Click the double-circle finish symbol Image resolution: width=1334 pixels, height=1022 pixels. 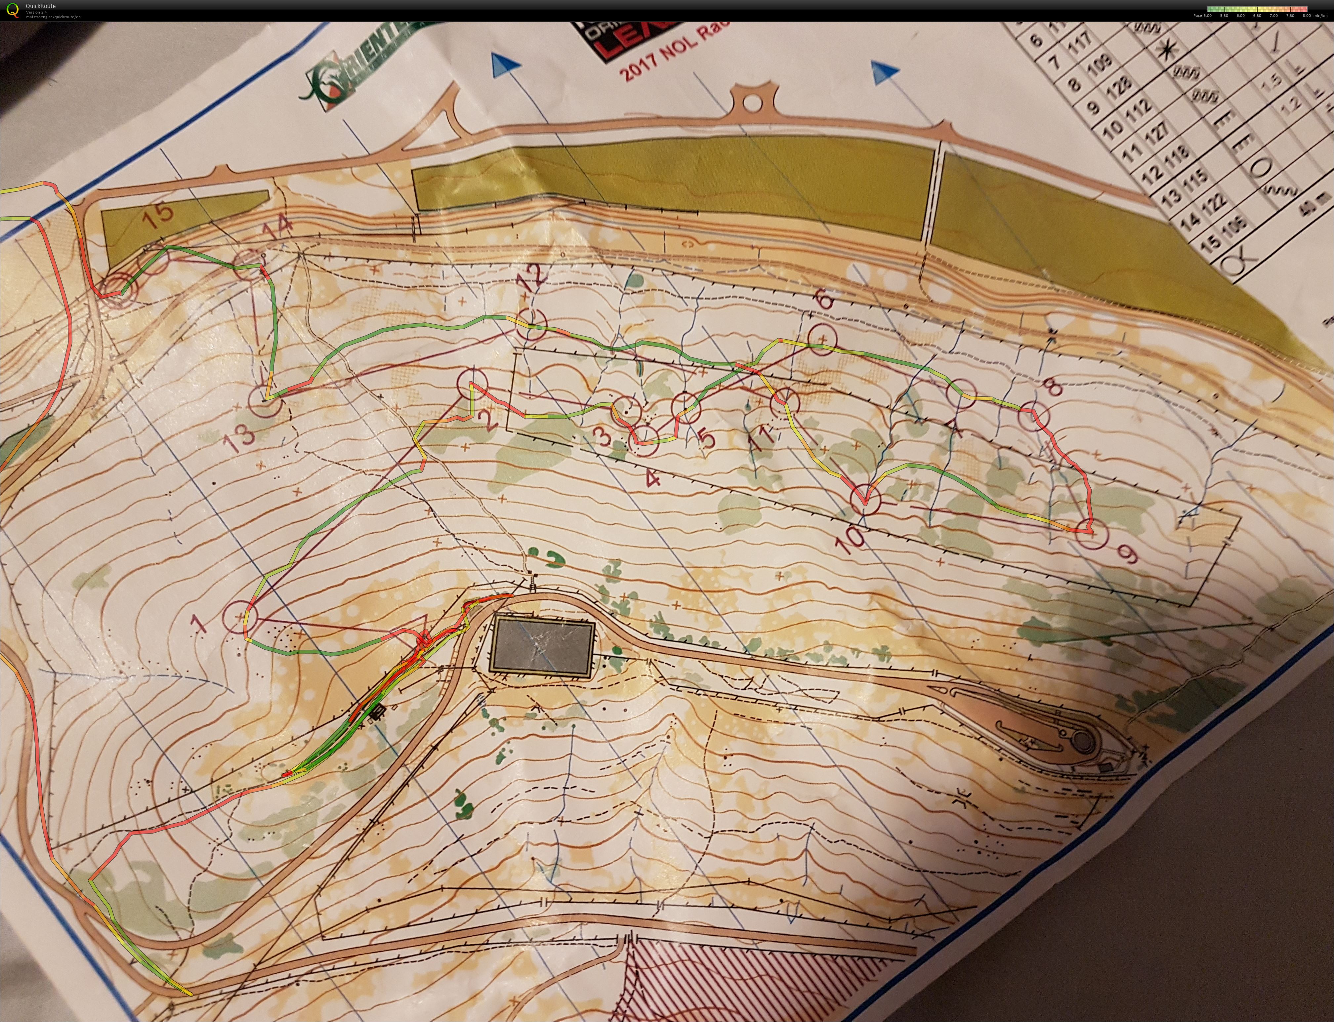(x=116, y=287)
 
